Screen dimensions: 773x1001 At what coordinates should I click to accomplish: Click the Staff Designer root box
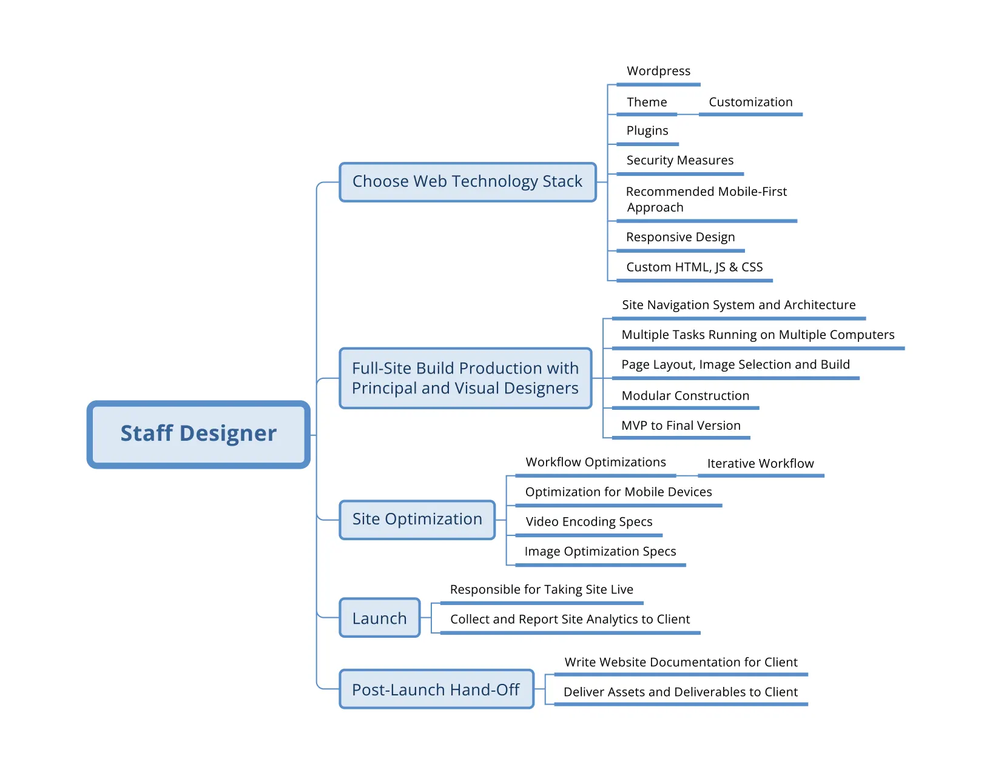198,434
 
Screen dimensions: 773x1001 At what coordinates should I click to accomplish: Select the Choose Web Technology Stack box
467,182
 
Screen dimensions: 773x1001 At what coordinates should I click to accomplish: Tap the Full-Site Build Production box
465,378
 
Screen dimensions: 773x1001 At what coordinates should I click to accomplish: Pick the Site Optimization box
417,520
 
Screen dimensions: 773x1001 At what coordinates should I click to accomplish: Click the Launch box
380,618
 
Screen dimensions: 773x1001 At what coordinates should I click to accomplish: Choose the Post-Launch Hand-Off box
436,690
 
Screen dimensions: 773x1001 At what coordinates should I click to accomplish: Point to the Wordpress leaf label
658,72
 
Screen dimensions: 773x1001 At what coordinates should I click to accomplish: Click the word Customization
750,102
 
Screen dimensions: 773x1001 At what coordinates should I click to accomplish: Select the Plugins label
647,131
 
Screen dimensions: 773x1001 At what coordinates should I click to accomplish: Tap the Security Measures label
679,161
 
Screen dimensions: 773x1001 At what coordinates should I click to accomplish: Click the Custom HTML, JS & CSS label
694,267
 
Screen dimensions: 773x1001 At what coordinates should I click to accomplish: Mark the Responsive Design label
680,238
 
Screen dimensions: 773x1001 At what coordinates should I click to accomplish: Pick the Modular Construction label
686,396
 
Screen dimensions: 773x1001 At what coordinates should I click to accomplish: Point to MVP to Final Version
681,426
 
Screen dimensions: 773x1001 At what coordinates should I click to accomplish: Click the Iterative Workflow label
760,464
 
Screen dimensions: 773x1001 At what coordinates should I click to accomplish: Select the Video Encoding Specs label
588,522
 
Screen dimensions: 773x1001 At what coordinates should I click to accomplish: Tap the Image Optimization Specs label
600,552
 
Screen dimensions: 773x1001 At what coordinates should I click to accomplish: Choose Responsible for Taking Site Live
541,590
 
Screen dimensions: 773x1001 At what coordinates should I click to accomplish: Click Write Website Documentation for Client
681,663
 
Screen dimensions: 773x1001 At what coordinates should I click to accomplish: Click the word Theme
647,102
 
